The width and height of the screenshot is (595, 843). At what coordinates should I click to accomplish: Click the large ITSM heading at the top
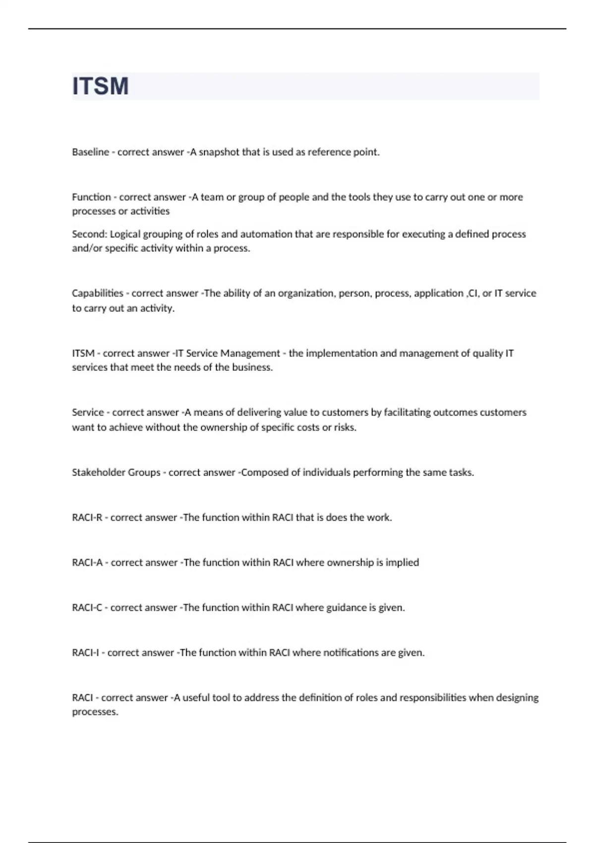pyautogui.click(x=101, y=86)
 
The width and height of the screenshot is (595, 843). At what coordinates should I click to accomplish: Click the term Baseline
pyautogui.click(x=90, y=152)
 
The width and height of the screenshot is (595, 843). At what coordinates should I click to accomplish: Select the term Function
pyautogui.click(x=91, y=197)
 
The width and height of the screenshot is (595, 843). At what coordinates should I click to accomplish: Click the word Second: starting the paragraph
pyautogui.click(x=89, y=234)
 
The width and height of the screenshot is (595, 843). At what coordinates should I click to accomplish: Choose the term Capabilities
pyautogui.click(x=97, y=293)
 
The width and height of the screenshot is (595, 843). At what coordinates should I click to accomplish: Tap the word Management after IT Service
pyautogui.click(x=250, y=353)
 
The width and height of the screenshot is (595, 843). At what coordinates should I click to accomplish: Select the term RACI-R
pyautogui.click(x=87, y=518)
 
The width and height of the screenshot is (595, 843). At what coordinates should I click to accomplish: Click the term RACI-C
pyautogui.click(x=87, y=608)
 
